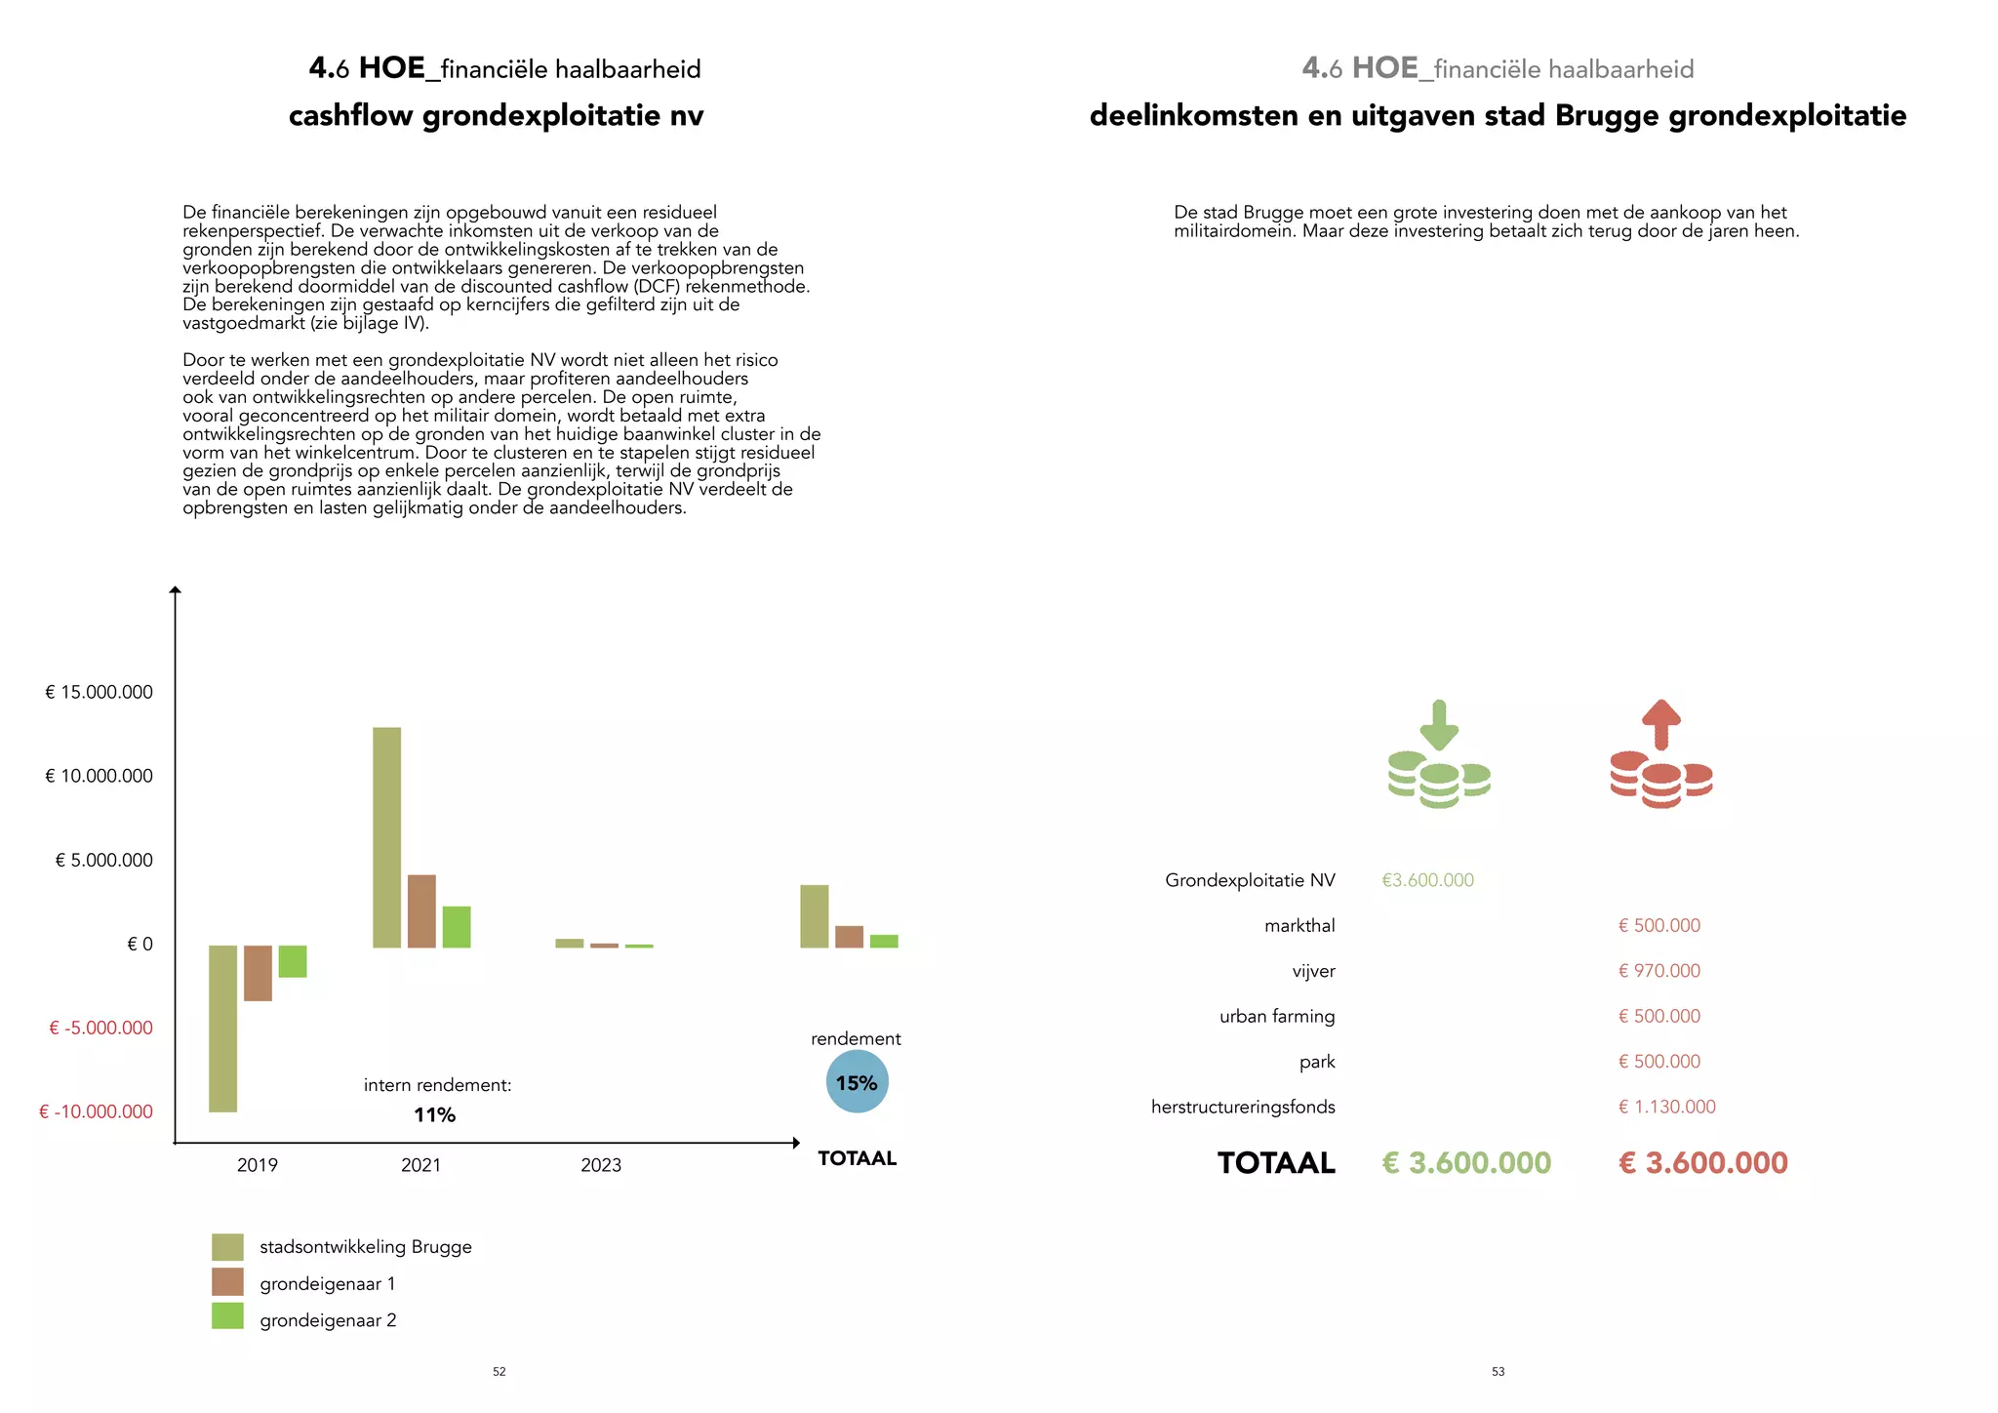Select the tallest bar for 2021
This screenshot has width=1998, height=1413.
[386, 837]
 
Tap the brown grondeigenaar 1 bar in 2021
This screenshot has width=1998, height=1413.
[421, 910]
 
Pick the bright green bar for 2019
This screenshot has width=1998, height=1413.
[293, 961]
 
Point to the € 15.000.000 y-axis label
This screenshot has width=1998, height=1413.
[99, 693]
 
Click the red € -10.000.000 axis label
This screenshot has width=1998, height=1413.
[96, 1112]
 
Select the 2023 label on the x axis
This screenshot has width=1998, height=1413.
[600, 1165]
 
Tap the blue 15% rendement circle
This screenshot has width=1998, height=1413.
[857, 1082]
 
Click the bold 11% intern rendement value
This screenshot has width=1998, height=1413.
[434, 1115]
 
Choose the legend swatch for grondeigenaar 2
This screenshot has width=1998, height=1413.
[227, 1316]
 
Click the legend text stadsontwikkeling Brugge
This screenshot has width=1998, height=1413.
[365, 1247]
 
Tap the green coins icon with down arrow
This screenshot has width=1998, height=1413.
[1439, 755]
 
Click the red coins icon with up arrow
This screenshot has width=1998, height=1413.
[1660, 755]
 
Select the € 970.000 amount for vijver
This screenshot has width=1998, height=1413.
[1658, 971]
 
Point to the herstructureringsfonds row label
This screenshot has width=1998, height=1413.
[1242, 1108]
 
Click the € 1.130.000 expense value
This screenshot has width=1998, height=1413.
[1666, 1108]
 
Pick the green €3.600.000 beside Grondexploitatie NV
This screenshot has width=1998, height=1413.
[1427, 880]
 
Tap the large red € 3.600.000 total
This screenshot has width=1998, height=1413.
[1702, 1163]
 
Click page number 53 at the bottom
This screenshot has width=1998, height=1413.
[1498, 1372]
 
